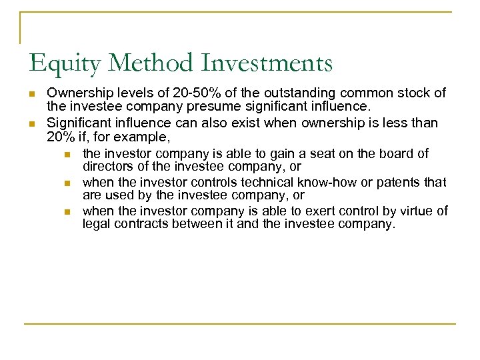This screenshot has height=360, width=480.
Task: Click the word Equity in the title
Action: [x=64, y=63]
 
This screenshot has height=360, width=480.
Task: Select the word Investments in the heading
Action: [x=278, y=63]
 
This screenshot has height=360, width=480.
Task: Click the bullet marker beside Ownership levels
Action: [x=32, y=93]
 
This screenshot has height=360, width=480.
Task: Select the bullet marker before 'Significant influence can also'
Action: [x=32, y=123]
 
